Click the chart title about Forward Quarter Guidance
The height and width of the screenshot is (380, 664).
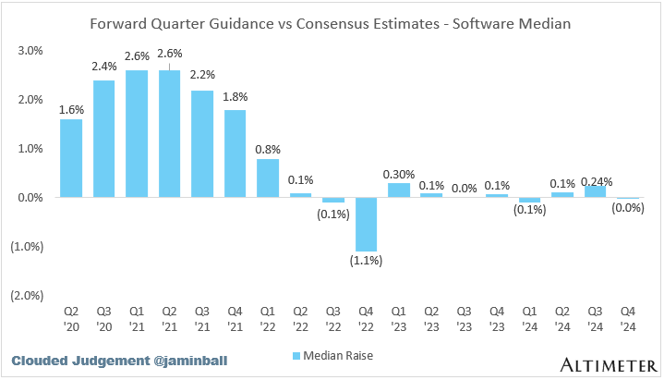click(332, 21)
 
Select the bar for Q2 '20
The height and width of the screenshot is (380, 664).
click(71, 158)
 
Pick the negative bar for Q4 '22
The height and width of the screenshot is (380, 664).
click(367, 224)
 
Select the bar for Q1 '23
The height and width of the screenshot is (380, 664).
click(399, 190)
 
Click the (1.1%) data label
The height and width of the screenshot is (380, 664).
click(367, 262)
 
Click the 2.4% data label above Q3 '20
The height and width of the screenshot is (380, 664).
click(103, 67)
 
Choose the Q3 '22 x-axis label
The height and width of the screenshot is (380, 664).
click(333, 318)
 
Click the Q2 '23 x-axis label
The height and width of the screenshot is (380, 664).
click(432, 318)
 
